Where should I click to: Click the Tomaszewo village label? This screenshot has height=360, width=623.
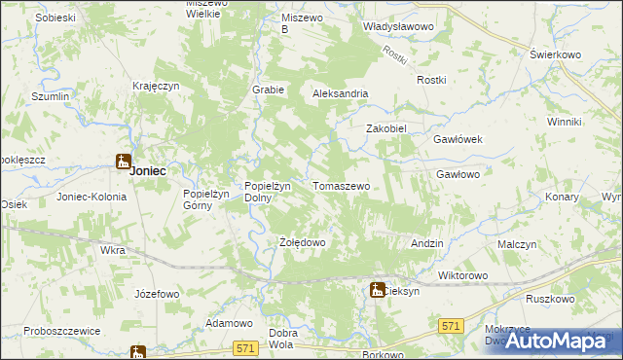[x=341, y=185]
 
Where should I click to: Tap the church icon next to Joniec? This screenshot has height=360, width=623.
[x=124, y=162]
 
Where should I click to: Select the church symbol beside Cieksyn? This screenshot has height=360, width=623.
[x=377, y=289]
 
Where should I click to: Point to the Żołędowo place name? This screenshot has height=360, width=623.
[x=302, y=241]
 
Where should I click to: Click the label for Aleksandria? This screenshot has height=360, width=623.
[x=340, y=93]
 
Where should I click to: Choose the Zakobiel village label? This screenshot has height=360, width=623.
[x=385, y=127]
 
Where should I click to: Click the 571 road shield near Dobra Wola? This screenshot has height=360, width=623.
[x=246, y=346]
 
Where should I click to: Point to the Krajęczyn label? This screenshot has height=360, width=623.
[x=157, y=86]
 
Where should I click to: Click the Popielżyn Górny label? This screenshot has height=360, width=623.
[x=205, y=198]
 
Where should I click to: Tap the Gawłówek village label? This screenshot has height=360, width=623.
[x=458, y=139]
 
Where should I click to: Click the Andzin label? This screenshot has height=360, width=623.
[x=427, y=243]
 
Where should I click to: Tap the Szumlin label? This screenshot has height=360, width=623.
[x=51, y=97]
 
